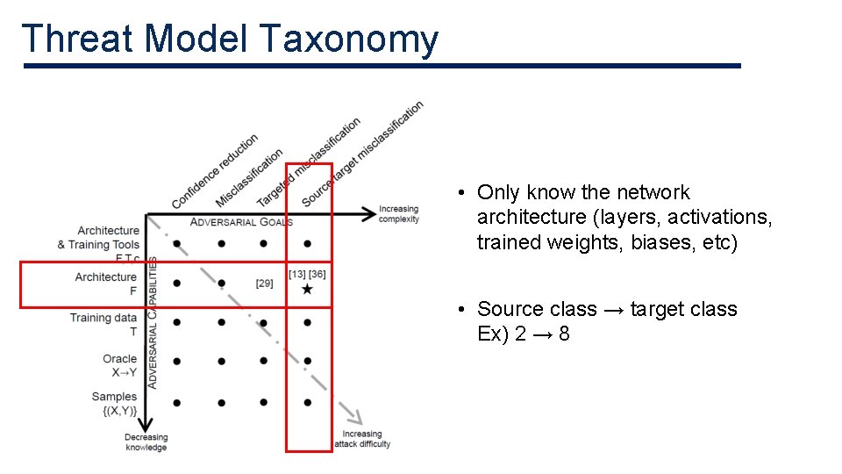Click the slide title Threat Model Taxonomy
(x=230, y=39)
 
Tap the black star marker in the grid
(x=307, y=289)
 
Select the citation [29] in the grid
(x=264, y=284)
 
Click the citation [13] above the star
(x=297, y=274)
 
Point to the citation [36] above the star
(x=318, y=274)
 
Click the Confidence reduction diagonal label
(x=215, y=171)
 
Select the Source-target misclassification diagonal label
(x=361, y=154)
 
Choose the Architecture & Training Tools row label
(x=99, y=237)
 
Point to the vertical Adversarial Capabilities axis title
(x=153, y=323)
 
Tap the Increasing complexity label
(x=398, y=214)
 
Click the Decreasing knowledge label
(x=146, y=442)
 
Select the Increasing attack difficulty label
(x=362, y=439)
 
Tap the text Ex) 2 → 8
(x=524, y=334)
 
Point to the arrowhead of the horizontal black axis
(x=368, y=212)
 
